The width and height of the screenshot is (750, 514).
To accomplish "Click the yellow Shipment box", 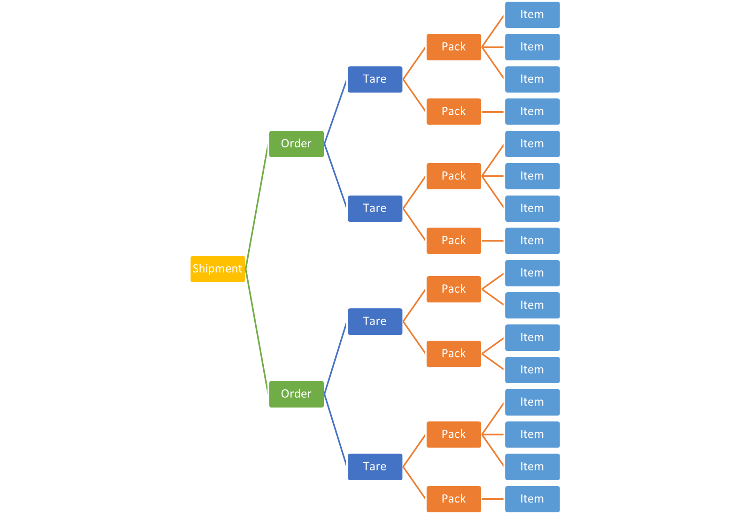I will [x=217, y=269].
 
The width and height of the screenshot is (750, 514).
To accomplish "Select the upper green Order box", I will [x=296, y=144].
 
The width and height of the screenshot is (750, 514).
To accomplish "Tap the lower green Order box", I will [x=296, y=394].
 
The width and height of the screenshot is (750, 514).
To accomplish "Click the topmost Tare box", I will [x=375, y=79].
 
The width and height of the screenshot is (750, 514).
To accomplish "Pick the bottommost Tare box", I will [x=375, y=467].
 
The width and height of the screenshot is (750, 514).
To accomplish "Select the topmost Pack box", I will [x=454, y=47].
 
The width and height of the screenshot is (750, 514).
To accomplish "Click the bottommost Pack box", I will [x=454, y=499].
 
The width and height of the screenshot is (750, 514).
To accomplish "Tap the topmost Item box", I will [x=532, y=15].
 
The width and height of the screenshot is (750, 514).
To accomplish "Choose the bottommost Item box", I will [x=532, y=499].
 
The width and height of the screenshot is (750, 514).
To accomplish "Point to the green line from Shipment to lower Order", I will [x=257, y=331].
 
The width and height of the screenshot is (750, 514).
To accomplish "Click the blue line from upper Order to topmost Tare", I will [x=335, y=112].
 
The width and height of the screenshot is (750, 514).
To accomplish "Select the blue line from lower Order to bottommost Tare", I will [x=335, y=431].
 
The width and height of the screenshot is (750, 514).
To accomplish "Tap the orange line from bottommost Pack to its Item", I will [x=493, y=499].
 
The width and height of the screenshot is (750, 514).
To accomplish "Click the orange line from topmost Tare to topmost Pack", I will [x=414, y=63].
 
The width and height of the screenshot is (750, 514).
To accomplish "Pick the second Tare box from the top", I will [x=375, y=209].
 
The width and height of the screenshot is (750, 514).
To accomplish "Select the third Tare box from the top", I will [x=375, y=322].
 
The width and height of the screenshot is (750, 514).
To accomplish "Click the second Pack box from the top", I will [x=454, y=112].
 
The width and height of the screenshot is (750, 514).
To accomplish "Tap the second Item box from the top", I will [x=532, y=47].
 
